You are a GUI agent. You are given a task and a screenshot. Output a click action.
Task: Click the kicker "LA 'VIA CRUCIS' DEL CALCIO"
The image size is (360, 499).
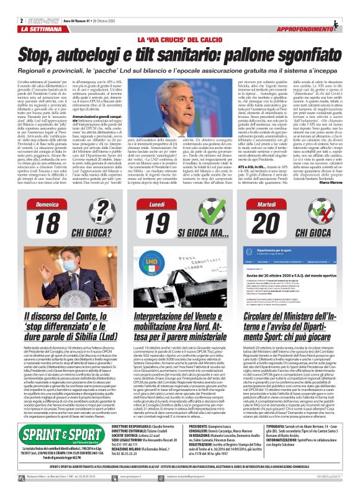pos(180,40)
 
